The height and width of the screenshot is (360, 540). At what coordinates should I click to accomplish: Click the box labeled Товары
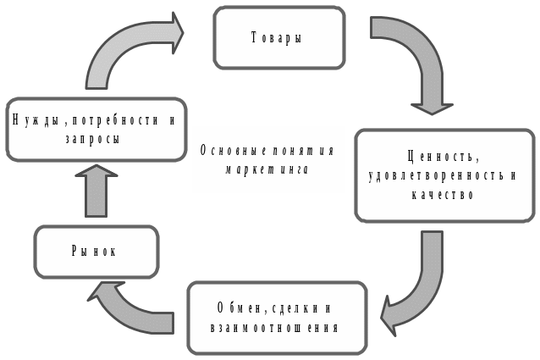pyautogui.click(x=278, y=38)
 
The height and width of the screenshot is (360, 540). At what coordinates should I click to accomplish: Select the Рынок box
pyautogui.click(x=96, y=252)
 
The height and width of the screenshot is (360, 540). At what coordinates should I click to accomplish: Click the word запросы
pyautogui.click(x=93, y=138)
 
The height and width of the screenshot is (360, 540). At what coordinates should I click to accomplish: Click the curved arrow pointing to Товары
pyautogui.click(x=127, y=51)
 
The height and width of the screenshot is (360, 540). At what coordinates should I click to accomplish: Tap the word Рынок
pyautogui.click(x=96, y=252)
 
